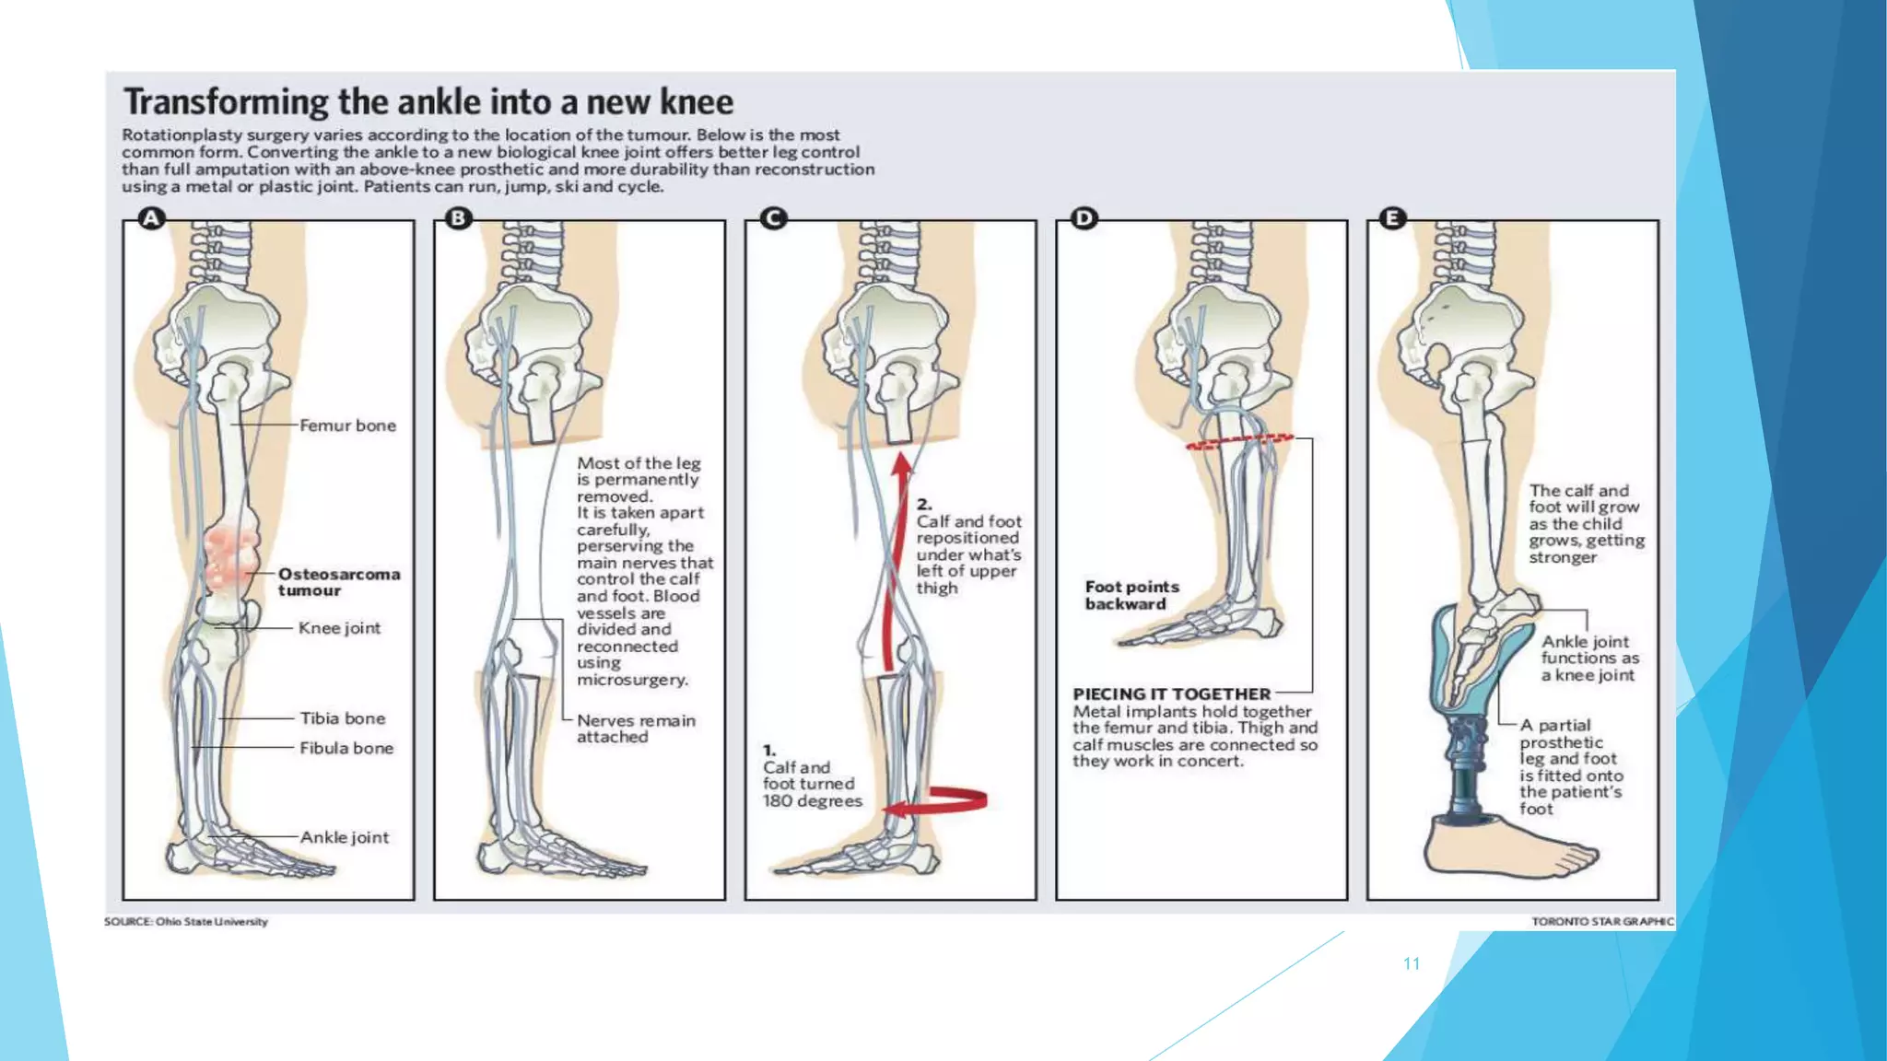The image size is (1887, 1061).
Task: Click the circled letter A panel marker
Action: [151, 218]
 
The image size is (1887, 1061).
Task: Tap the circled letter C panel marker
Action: [773, 218]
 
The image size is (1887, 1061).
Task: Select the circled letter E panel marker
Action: [1392, 218]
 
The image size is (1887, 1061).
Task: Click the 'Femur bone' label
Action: [347, 426]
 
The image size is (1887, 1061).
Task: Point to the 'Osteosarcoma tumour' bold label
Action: [338, 582]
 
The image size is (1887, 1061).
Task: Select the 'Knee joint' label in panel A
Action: [339, 628]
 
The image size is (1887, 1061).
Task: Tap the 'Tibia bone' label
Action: [342, 718]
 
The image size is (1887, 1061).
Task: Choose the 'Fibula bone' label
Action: [346, 748]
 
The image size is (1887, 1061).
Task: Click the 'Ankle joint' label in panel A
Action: [344, 837]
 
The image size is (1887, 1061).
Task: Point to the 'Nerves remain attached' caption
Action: [635, 729]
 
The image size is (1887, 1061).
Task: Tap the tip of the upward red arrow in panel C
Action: [903, 457]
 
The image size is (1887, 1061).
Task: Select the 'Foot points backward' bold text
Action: [1131, 595]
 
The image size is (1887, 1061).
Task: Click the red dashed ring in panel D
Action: [1239, 441]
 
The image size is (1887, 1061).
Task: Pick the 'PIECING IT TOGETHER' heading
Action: [1171, 694]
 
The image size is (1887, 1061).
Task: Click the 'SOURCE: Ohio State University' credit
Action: [185, 921]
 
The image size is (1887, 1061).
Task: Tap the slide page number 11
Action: [1411, 963]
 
